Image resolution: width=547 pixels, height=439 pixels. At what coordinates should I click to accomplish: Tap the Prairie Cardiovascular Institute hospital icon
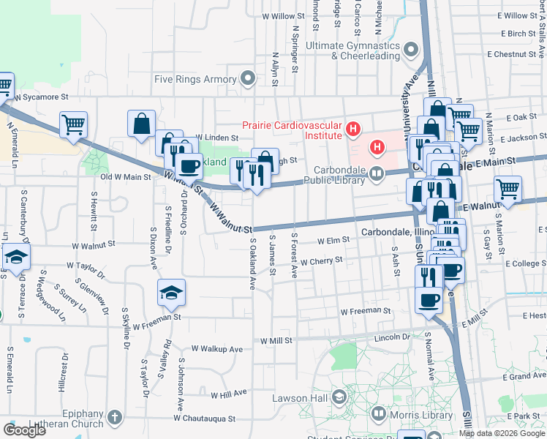point(354,130)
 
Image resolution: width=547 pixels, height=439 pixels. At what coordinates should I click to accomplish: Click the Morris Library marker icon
point(379,415)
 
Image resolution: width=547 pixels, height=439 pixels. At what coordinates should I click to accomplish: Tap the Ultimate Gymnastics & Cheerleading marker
point(412,50)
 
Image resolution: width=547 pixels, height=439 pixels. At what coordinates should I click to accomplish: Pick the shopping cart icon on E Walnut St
point(508,189)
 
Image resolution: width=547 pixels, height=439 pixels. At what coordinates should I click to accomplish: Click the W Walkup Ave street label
point(216,350)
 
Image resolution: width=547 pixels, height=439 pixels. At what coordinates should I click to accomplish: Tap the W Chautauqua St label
point(205,419)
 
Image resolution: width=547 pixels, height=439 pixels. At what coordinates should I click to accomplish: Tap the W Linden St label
point(217,138)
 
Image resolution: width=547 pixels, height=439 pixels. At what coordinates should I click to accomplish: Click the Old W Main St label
point(125,176)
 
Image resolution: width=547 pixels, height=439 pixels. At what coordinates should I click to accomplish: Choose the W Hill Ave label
point(229,394)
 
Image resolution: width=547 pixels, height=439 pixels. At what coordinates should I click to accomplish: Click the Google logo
point(24,430)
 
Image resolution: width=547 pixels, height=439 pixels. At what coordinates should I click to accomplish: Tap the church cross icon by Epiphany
point(114,418)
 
